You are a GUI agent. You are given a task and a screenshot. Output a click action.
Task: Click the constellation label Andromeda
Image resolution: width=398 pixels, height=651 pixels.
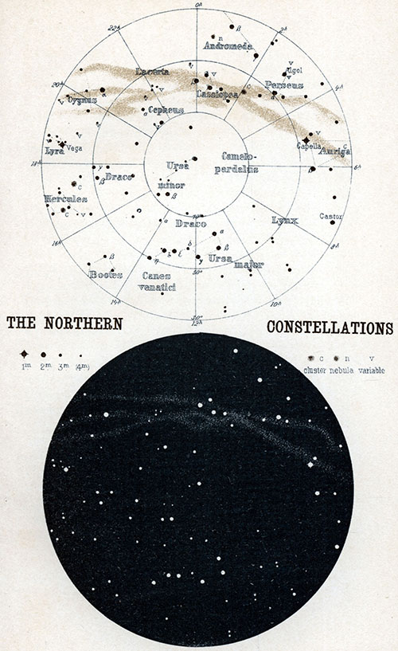pyautogui.click(x=227, y=46)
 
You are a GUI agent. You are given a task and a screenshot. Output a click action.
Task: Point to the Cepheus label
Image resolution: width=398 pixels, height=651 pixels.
pyautogui.click(x=166, y=109)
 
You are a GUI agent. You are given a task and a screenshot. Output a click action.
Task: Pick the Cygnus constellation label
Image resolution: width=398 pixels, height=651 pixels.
pyautogui.click(x=82, y=100)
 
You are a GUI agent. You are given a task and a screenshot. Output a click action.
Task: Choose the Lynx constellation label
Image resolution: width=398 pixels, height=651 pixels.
pyautogui.click(x=283, y=219)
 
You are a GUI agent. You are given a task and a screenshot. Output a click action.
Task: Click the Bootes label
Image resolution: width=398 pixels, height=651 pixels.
pyautogui.click(x=105, y=274)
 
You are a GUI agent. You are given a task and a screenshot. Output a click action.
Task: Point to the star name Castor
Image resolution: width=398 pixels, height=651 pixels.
pyautogui.click(x=330, y=216)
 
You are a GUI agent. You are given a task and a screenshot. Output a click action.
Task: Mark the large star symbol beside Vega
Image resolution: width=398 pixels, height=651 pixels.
pyautogui.click(x=62, y=144)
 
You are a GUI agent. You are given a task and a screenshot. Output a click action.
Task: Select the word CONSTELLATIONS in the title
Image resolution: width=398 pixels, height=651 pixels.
pyautogui.click(x=330, y=327)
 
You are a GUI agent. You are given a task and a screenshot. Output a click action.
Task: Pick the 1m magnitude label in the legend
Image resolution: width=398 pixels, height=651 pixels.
pyautogui.click(x=25, y=367)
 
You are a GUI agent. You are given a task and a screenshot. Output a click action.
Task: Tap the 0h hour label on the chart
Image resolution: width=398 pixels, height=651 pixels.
pyautogui.click(x=198, y=5)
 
